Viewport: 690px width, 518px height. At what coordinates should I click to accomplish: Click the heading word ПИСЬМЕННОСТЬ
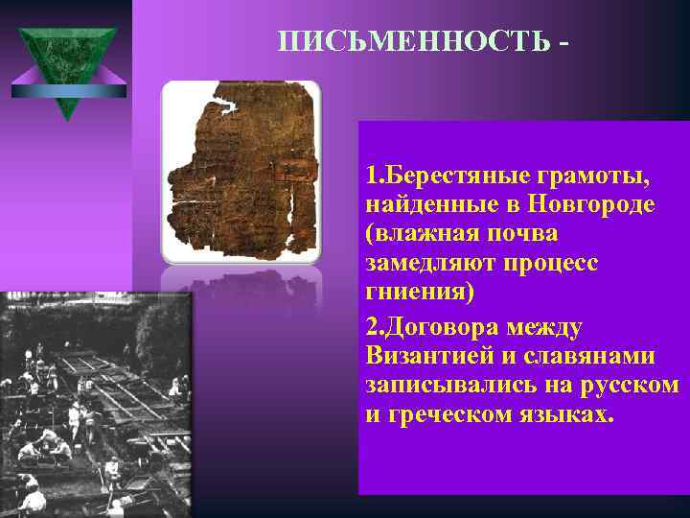[414, 43]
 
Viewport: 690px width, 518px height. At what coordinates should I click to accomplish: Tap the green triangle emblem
[67, 67]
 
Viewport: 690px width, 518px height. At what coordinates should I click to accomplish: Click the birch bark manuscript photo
[241, 172]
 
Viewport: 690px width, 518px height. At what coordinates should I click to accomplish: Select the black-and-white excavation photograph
[96, 403]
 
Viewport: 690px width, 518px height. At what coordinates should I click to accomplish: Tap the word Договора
[440, 327]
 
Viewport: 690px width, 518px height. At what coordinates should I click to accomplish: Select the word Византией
[428, 356]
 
